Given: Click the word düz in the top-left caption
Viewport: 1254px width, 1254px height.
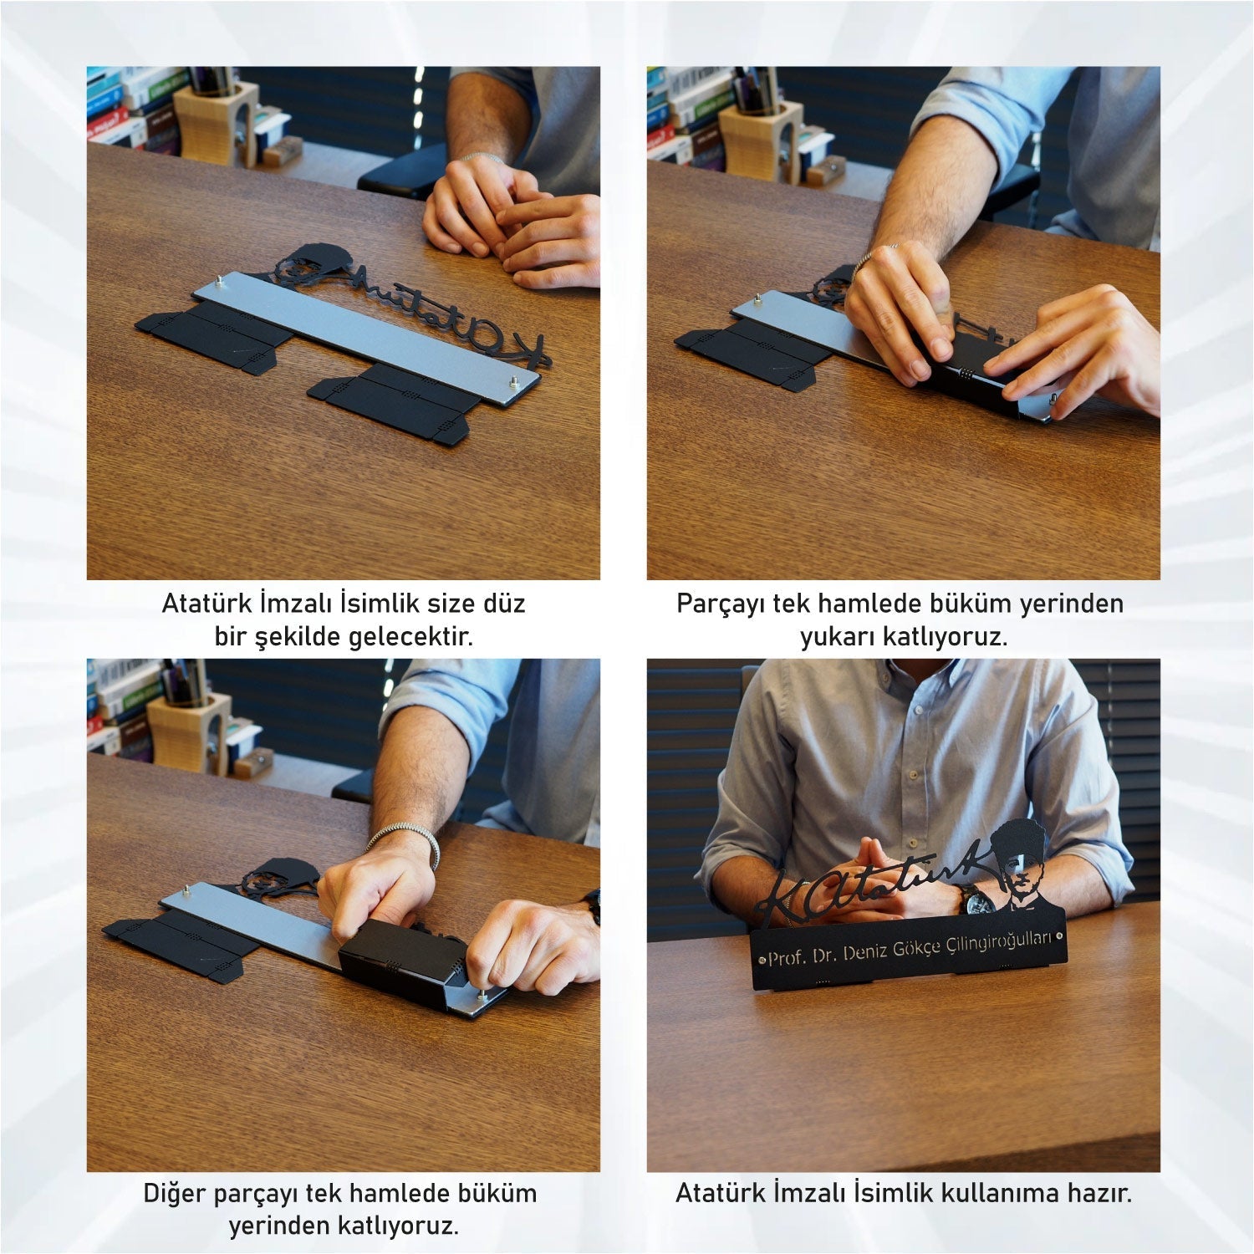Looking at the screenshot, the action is (x=504, y=603).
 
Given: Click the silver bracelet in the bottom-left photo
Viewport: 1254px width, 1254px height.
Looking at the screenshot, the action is (x=403, y=840).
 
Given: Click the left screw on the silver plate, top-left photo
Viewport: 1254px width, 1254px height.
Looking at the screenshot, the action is (x=220, y=281).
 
